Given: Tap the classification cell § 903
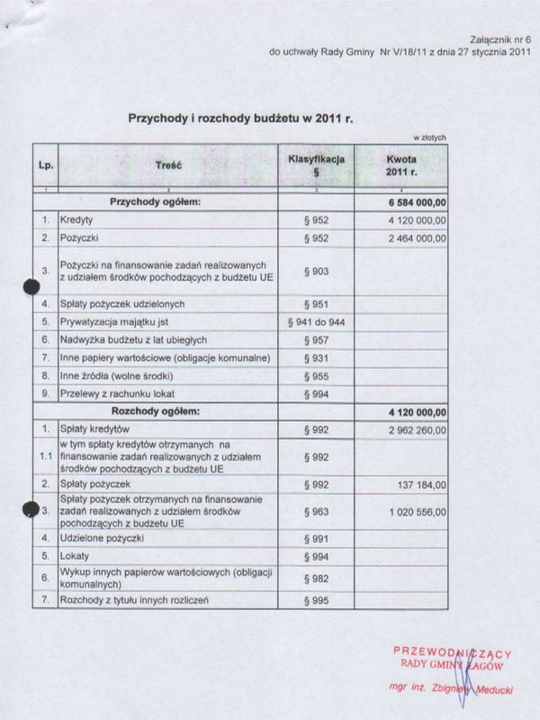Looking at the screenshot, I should [x=316, y=269].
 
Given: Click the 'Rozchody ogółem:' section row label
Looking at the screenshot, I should [x=155, y=410].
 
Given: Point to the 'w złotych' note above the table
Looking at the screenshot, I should [x=429, y=138].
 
